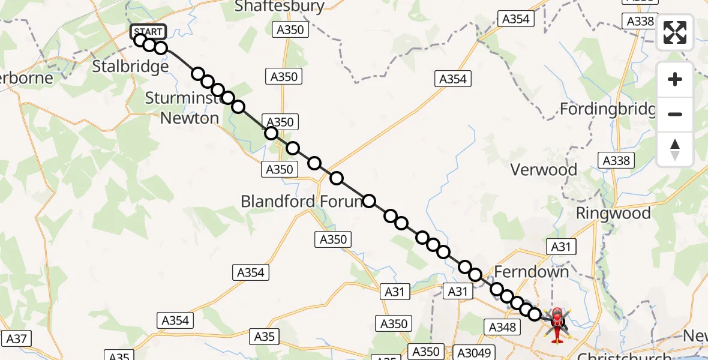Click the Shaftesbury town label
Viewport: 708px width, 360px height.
[x=280, y=7]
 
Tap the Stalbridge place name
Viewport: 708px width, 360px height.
[x=130, y=66]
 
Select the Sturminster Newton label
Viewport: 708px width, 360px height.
[x=189, y=108]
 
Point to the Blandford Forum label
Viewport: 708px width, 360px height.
[x=301, y=202]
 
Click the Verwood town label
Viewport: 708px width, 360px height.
[x=544, y=170]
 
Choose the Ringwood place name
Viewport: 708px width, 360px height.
[x=613, y=214]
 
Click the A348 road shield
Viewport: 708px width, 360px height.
[x=502, y=327]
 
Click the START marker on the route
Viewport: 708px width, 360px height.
[x=148, y=31]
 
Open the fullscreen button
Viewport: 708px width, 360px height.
[x=675, y=32]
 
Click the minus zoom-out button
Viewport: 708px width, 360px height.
[x=675, y=114]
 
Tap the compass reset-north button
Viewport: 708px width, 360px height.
[x=675, y=149]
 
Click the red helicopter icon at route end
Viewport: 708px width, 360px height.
[x=557, y=324]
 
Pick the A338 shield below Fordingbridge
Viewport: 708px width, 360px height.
[x=616, y=160]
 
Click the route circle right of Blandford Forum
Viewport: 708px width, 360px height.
[x=369, y=201]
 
